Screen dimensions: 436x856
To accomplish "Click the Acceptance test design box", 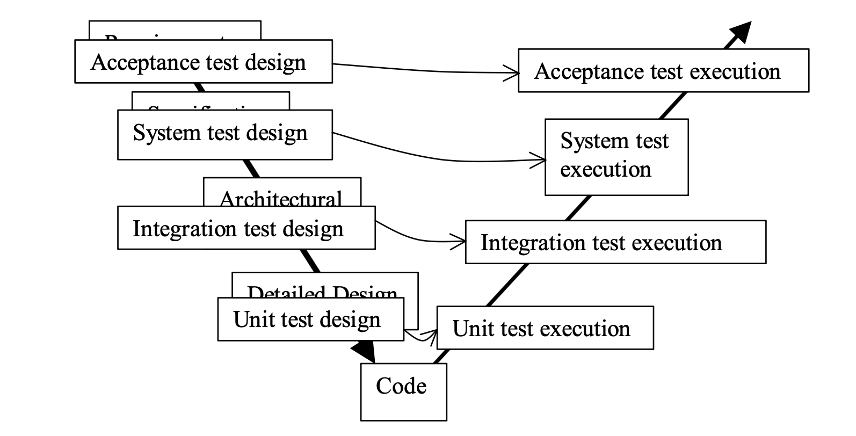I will click(x=203, y=62).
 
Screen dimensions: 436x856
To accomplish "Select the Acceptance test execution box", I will click(x=663, y=71).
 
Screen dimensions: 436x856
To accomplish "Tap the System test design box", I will click(x=224, y=134).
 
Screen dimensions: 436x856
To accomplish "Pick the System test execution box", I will click(x=616, y=157).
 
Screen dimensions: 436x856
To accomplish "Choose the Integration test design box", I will click(x=246, y=228).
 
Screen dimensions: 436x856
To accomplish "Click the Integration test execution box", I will click(x=615, y=242).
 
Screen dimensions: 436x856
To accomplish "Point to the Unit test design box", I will click(x=310, y=319).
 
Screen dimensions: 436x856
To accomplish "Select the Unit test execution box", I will click(x=545, y=328).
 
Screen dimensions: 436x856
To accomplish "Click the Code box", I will click(x=403, y=391).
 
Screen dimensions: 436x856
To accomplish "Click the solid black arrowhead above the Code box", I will click(x=364, y=352).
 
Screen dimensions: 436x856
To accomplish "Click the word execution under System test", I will click(x=605, y=170).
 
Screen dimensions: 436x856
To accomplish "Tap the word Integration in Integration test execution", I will click(x=525, y=243).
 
